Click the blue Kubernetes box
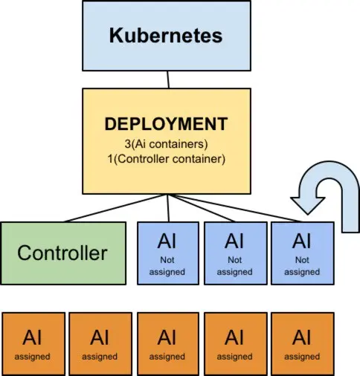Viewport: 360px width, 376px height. tap(167, 36)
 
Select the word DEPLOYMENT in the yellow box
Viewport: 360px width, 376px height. tap(167, 123)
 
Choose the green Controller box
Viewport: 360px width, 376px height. tap(62, 253)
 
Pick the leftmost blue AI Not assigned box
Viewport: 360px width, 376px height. tap(168, 253)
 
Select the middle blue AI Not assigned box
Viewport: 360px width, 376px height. tap(235, 253)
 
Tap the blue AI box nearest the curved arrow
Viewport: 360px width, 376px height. tap(302, 253)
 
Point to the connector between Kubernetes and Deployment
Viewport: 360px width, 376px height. tap(169, 78)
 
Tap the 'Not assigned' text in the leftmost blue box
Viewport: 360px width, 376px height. tap(168, 266)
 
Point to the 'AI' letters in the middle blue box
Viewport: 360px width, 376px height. tap(235, 241)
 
